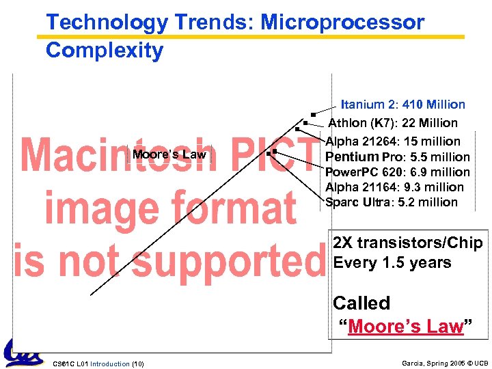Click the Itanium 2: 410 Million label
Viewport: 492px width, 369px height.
point(402,105)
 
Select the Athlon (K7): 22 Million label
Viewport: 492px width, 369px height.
point(393,123)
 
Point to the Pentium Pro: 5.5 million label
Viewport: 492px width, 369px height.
point(397,157)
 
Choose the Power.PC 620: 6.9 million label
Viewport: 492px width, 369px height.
point(397,172)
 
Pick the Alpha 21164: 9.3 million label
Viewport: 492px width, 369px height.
point(394,187)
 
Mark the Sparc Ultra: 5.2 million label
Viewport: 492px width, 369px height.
point(392,202)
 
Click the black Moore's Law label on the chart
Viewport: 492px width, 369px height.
point(169,154)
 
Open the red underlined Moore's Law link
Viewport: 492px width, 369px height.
point(406,327)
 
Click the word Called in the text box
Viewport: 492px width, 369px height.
point(361,303)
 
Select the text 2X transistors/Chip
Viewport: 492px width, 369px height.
point(407,243)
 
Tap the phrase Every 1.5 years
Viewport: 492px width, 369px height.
point(392,263)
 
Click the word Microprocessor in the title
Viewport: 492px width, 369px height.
point(343,23)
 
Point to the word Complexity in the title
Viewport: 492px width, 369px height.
point(105,51)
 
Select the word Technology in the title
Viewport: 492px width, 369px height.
point(107,23)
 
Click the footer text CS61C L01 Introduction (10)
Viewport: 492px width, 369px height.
point(98,363)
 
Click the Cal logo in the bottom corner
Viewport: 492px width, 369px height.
point(23,353)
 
